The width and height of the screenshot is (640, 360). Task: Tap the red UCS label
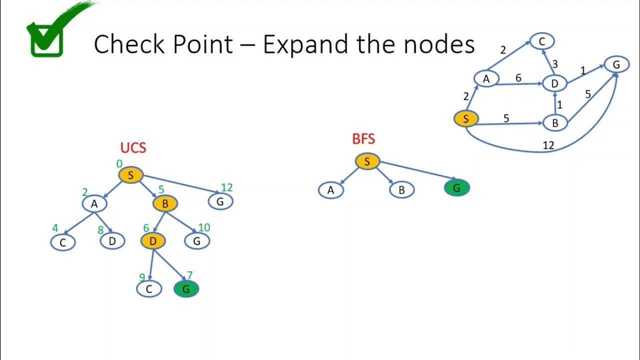pos(133,147)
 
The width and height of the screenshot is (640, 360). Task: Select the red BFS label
pos(363,139)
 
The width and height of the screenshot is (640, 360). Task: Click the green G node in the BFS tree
pos(457,188)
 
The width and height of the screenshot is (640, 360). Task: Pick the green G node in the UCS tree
pos(186,289)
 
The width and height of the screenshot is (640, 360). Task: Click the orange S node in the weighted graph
pos(466,118)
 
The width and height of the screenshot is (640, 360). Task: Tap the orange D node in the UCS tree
pos(153,241)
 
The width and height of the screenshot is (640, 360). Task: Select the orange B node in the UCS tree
pos(165,203)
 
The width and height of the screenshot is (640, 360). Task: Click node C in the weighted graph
pos(542,41)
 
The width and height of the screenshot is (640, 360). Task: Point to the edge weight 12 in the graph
pos(548,145)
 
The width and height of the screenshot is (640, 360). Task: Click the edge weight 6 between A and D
pos(518,77)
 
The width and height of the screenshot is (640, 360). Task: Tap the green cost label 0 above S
pos(119,163)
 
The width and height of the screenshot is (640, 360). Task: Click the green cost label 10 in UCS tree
pos(204,227)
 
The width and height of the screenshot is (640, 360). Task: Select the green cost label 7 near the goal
pos(189,275)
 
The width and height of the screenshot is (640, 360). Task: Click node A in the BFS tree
pos(331,190)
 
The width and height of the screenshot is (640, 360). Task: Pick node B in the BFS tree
pos(401,190)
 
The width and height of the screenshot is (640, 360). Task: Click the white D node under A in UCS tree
pos(112,241)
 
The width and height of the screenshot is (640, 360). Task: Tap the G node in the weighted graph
pos(616,64)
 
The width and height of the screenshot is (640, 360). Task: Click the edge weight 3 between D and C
pos(555,64)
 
